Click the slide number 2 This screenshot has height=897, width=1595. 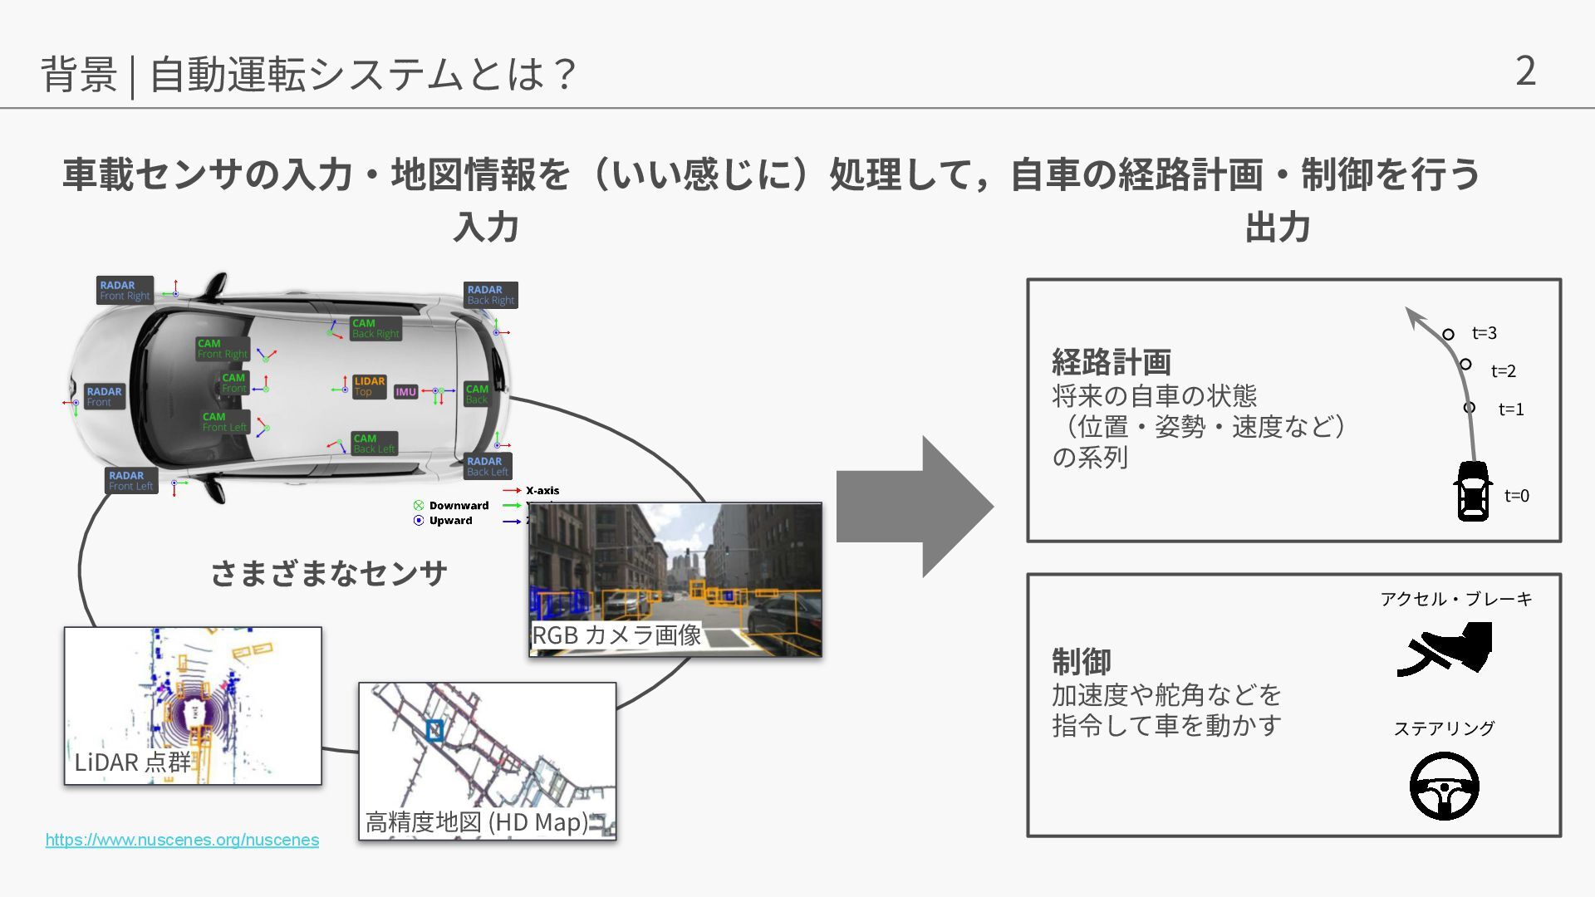tap(1525, 71)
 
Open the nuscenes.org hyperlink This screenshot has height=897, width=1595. tap(182, 840)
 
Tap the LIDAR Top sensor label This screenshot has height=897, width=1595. tap(369, 386)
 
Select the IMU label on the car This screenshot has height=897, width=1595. tap(406, 392)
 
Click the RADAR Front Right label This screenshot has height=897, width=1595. tap(125, 290)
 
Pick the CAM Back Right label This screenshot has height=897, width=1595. tap(375, 328)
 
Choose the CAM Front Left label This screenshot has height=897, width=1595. tap(224, 422)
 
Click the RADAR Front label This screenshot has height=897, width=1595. tap(104, 396)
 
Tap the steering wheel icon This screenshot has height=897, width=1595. tap(1444, 786)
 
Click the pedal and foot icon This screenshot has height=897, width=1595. tap(1445, 649)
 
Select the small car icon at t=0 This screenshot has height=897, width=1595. tap(1473, 492)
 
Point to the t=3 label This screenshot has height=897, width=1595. tap(1484, 333)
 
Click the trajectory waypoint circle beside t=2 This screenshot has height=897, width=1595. tap(1465, 364)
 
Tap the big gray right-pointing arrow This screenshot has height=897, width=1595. tap(914, 506)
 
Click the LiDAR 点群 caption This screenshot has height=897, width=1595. tap(132, 762)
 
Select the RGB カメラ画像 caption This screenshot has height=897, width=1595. tap(616, 635)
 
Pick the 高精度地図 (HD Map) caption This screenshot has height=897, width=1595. tap(477, 822)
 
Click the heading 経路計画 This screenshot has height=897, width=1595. tap(1111, 362)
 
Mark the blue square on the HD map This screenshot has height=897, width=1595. tap(434, 730)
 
